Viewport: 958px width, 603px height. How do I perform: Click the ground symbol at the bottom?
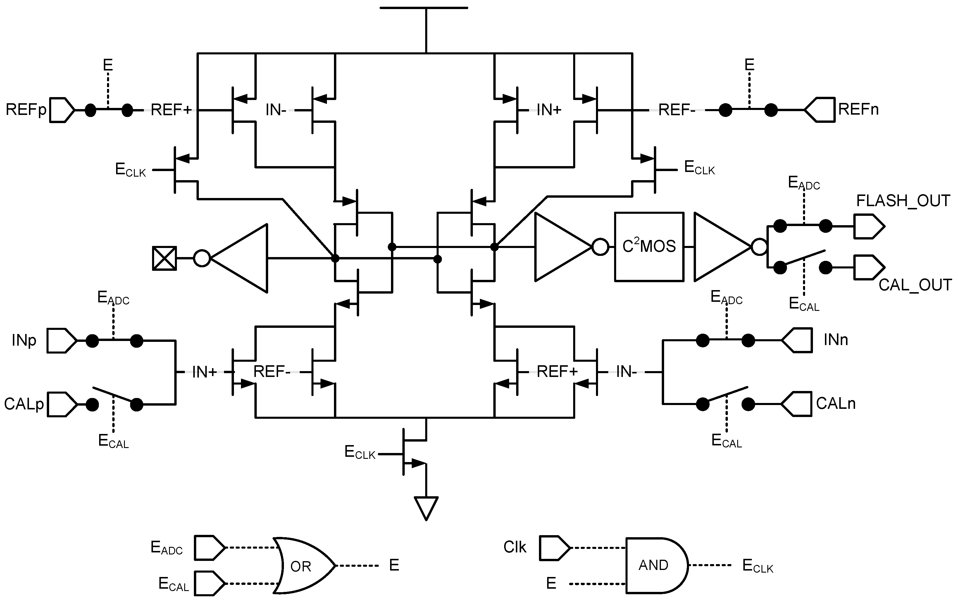(x=426, y=507)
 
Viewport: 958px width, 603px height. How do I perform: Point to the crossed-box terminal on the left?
(x=164, y=259)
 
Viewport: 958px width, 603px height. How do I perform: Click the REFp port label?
(x=25, y=109)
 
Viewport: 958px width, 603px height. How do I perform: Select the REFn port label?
(x=858, y=109)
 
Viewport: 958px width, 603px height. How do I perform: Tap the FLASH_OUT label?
(x=903, y=201)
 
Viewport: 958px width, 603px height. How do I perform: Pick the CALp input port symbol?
(x=61, y=404)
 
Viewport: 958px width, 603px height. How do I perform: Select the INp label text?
(x=24, y=340)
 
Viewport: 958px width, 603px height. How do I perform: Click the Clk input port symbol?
(x=554, y=548)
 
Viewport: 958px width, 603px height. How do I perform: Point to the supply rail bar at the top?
(x=424, y=8)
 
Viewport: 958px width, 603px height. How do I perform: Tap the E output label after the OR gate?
(x=394, y=565)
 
